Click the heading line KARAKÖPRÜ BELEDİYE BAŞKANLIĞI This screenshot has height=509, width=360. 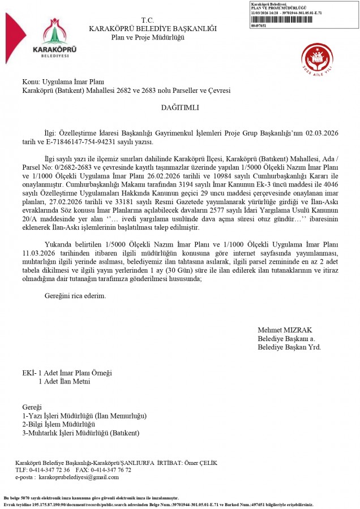pyautogui.click(x=152, y=28)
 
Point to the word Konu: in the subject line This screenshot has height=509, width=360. pyautogui.click(x=31, y=82)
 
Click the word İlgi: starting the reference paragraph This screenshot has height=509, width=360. pyautogui.click(x=52, y=132)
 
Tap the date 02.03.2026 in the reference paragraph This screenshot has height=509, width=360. pyautogui.click(x=322, y=132)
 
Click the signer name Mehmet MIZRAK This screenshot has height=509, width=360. pyautogui.click(x=285, y=330)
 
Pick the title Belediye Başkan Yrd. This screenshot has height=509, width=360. pyautogui.click(x=289, y=347)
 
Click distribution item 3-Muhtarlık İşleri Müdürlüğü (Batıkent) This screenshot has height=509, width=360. pyautogui.click(x=80, y=433)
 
